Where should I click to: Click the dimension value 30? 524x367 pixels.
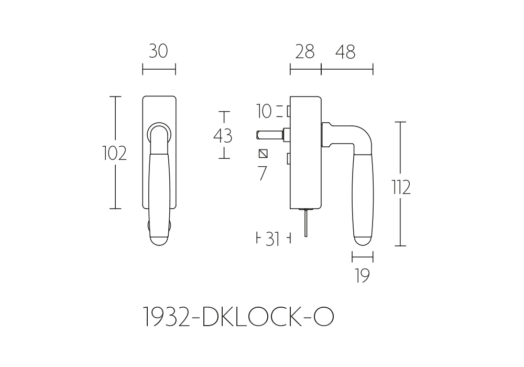pyautogui.click(x=158, y=51)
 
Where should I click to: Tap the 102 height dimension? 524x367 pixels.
pyautogui.click(x=114, y=154)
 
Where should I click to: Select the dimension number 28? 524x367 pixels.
pyautogui.click(x=305, y=52)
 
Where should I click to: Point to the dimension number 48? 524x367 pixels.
pyautogui.click(x=345, y=52)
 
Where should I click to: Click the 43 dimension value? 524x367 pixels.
pyautogui.click(x=223, y=136)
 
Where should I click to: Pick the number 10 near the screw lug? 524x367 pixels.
pyautogui.click(x=264, y=111)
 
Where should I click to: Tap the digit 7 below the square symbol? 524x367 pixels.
pyautogui.click(x=263, y=173)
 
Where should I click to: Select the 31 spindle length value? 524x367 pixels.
pyautogui.click(x=272, y=239)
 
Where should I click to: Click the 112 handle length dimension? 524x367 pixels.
pyautogui.click(x=401, y=187)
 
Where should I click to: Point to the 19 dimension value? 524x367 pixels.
pyautogui.click(x=363, y=276)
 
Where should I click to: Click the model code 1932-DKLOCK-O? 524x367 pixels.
pyautogui.click(x=238, y=317)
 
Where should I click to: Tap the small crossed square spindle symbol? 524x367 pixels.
pyautogui.click(x=264, y=154)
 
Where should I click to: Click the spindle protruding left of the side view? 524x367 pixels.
pyautogui.click(x=270, y=135)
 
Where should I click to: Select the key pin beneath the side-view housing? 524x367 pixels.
pyautogui.click(x=306, y=222)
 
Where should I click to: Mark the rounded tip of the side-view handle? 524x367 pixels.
pyautogui.click(x=363, y=241)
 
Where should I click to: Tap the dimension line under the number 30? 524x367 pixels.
pyautogui.click(x=159, y=70)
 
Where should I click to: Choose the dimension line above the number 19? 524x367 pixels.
pyautogui.click(x=363, y=257)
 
